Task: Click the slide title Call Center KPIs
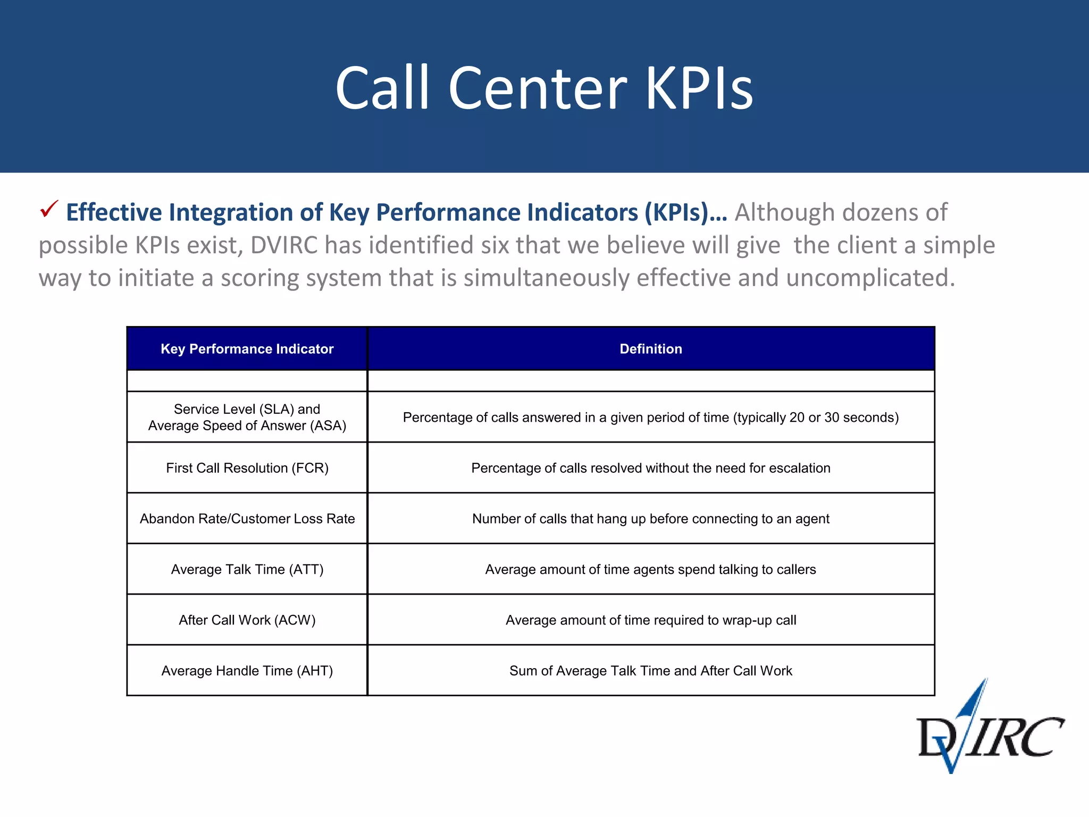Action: coord(544,88)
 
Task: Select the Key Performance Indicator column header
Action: coord(247,349)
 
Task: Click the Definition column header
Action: coord(650,349)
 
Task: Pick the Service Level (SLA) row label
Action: coord(247,417)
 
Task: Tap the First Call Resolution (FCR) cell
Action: coord(247,468)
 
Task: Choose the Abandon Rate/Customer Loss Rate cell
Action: coord(247,519)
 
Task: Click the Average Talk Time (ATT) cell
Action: coord(247,569)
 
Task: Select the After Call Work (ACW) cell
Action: coord(247,620)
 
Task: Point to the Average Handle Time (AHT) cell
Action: coord(247,671)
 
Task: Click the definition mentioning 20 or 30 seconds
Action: coord(650,418)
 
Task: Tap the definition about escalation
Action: coord(650,468)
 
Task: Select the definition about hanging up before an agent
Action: coord(650,519)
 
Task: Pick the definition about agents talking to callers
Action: coord(650,569)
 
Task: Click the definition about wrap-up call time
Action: coord(650,620)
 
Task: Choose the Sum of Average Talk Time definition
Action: coord(650,671)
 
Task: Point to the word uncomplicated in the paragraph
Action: coord(870,278)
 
